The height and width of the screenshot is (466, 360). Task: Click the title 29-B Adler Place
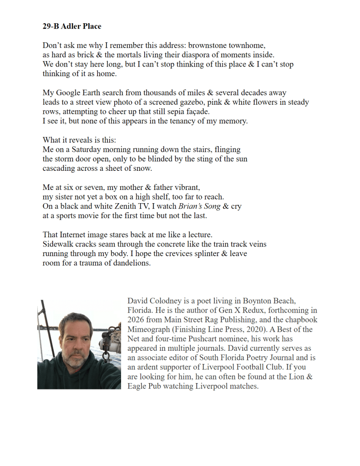pos(72,26)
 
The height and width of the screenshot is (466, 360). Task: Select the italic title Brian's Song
pos(199,206)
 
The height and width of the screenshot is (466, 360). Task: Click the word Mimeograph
pos(148,329)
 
